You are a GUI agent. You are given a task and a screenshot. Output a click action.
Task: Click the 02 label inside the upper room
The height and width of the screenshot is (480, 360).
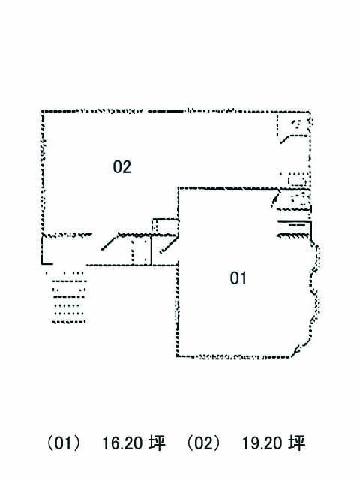[x=121, y=167]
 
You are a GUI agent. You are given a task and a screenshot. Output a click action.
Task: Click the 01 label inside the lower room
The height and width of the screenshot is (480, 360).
[x=238, y=278]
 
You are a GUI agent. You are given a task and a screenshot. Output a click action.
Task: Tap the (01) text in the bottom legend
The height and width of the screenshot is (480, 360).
[x=64, y=442]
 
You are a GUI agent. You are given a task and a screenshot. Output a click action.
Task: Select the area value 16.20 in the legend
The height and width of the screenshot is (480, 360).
[x=121, y=443]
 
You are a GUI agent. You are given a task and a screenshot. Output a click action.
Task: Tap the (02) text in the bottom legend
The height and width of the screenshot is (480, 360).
[x=203, y=442]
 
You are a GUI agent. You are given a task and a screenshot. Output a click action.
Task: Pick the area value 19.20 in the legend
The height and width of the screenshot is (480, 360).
[x=262, y=443]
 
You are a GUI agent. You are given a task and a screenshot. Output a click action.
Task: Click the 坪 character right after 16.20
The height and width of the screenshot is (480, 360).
[x=157, y=442]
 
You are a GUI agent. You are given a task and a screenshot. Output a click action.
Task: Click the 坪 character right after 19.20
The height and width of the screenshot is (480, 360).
[x=297, y=442]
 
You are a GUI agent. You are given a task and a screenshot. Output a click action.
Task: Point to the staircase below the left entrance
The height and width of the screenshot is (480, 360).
[x=68, y=297]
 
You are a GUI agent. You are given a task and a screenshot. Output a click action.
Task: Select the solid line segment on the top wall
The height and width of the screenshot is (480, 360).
[x=165, y=112]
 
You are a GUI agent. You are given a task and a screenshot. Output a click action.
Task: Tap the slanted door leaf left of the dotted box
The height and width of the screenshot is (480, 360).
[x=109, y=241]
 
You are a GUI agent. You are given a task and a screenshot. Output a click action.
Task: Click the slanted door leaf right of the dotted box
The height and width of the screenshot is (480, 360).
[x=168, y=244]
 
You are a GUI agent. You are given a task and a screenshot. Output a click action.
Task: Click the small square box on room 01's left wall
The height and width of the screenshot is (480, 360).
[x=165, y=226]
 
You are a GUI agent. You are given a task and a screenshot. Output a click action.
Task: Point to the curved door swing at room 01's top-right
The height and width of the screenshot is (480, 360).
[x=275, y=198]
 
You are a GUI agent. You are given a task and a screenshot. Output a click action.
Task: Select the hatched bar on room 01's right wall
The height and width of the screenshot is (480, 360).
[x=292, y=235]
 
